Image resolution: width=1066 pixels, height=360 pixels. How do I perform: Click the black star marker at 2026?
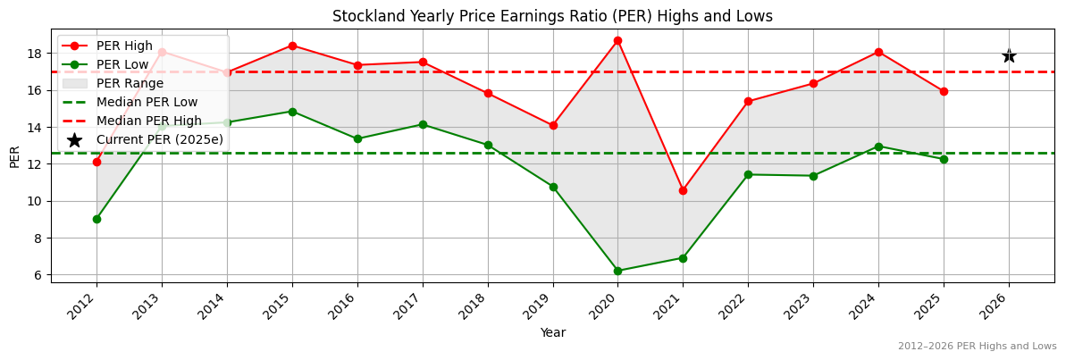click(x=1009, y=55)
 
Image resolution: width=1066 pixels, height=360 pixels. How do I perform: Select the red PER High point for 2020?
click(x=617, y=40)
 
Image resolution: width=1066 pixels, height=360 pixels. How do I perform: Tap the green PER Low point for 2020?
click(x=617, y=271)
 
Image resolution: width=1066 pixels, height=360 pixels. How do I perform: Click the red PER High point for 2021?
click(x=683, y=190)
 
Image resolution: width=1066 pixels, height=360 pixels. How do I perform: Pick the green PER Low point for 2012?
click(x=97, y=219)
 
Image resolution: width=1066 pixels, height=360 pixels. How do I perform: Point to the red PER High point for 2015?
click(x=292, y=46)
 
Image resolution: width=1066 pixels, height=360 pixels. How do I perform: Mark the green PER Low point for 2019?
click(x=553, y=187)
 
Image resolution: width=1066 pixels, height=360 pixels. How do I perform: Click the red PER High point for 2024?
click(x=878, y=52)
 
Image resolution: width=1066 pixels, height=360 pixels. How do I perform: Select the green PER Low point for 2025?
click(x=944, y=159)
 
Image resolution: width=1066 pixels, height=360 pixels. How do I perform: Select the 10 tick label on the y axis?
click(x=36, y=201)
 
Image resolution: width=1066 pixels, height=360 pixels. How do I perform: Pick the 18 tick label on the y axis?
click(x=36, y=54)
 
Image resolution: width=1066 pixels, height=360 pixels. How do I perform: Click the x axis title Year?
click(x=552, y=332)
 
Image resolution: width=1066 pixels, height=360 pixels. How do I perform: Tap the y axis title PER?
click(x=13, y=157)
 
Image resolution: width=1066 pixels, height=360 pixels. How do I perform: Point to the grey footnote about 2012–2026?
click(x=977, y=346)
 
